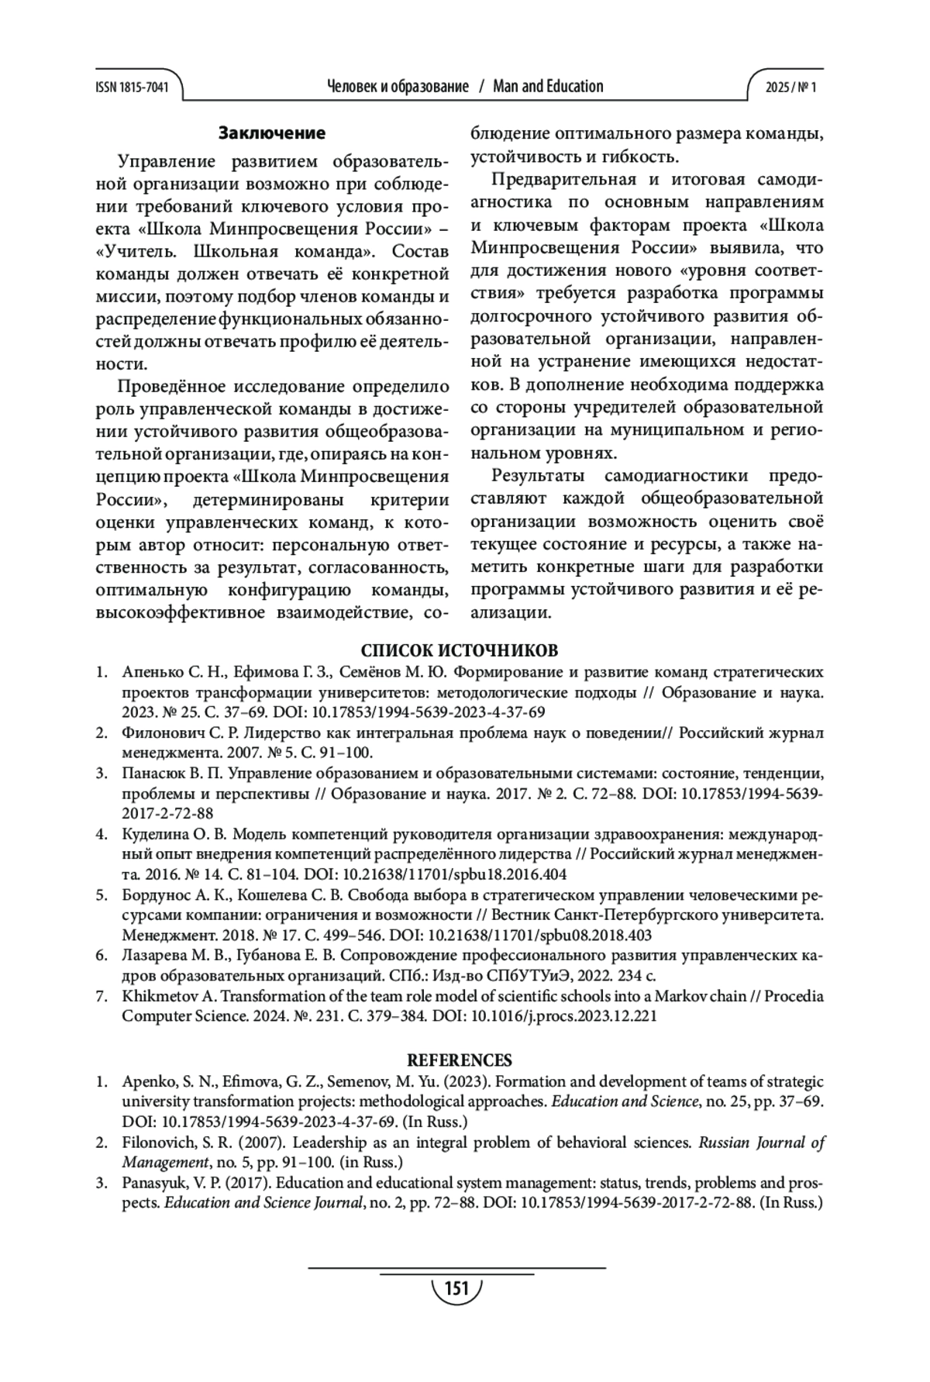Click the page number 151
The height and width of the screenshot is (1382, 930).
[456, 1289]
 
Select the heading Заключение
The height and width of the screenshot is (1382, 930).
[271, 133]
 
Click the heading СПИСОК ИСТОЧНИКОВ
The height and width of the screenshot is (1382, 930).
[460, 650]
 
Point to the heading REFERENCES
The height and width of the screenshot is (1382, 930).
[460, 1060]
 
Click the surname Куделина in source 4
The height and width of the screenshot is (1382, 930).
[153, 834]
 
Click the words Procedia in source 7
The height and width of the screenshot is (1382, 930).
[794, 996]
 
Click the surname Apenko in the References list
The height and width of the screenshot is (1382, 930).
[147, 1081]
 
